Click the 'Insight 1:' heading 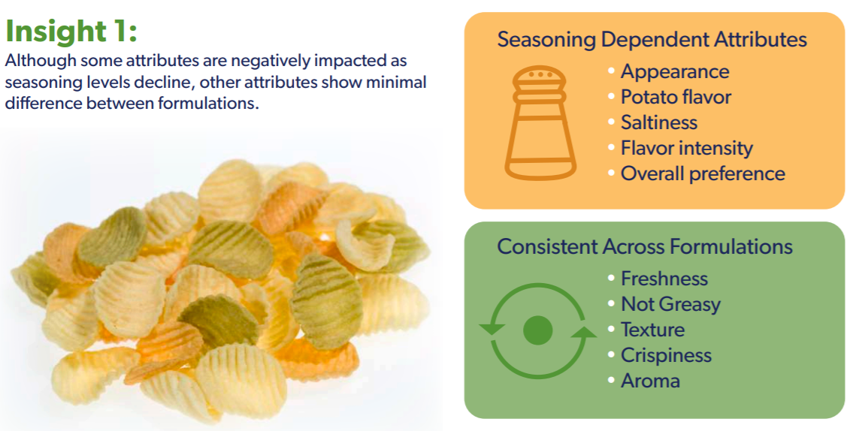tap(71, 32)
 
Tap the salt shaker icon tap(540, 123)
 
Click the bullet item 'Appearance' tap(675, 71)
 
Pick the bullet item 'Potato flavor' tap(676, 97)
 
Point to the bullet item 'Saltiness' tap(658, 122)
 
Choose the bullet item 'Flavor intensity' tap(686, 148)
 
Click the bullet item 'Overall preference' tap(703, 173)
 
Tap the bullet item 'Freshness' tap(664, 279)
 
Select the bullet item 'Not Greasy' tap(670, 304)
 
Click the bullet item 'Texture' tap(652, 330)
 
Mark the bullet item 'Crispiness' tap(666, 355)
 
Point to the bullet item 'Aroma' tap(650, 381)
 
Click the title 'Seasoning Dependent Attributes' tap(652, 40)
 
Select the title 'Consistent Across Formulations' tap(645, 247)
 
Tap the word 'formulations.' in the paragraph tap(208, 102)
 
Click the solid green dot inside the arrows tap(538, 330)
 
